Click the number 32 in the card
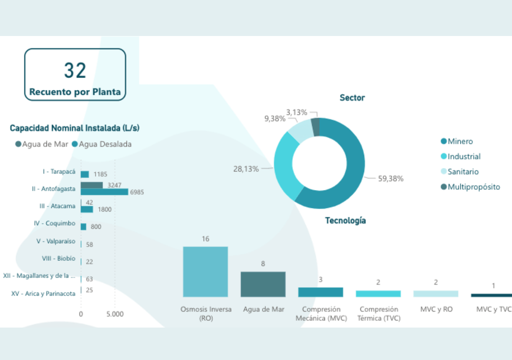coord(75,71)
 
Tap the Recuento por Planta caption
coord(75,92)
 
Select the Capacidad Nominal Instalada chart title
coord(74,128)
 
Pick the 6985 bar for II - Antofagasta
coord(104,191)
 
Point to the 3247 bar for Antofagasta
coord(92,185)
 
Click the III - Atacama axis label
coord(57,206)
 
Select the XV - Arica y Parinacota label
coord(43,293)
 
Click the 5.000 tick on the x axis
coord(115,314)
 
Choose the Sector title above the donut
coord(352,98)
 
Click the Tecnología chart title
coord(345,220)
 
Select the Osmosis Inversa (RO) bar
coord(205,272)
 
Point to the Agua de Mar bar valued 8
coord(263,284)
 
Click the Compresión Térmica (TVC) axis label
coord(378,313)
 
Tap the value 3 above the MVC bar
coord(320,279)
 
